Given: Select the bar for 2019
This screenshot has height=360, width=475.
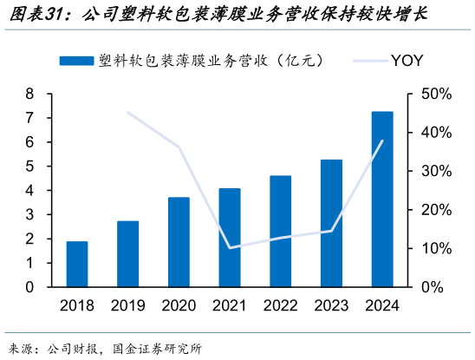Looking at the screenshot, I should (x=127, y=253).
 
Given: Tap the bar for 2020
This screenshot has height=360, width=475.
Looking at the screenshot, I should (x=179, y=242).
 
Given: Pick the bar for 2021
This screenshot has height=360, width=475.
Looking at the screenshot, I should (x=230, y=237).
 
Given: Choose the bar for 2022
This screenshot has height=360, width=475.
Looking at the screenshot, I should (x=280, y=231).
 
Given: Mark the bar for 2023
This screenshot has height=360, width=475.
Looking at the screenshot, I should (x=331, y=223).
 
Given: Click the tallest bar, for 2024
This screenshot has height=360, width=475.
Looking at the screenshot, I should (x=382, y=199).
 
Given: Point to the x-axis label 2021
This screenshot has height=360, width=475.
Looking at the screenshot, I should (x=230, y=304).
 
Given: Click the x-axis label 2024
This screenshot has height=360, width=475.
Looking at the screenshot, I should (x=382, y=304).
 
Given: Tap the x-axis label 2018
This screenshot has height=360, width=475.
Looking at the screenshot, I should (x=77, y=304).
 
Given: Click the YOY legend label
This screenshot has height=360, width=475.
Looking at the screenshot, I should (x=407, y=60).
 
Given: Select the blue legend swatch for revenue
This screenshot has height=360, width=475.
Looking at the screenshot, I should (x=76, y=60).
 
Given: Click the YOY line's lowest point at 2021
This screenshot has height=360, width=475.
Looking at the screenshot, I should (x=230, y=248).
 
